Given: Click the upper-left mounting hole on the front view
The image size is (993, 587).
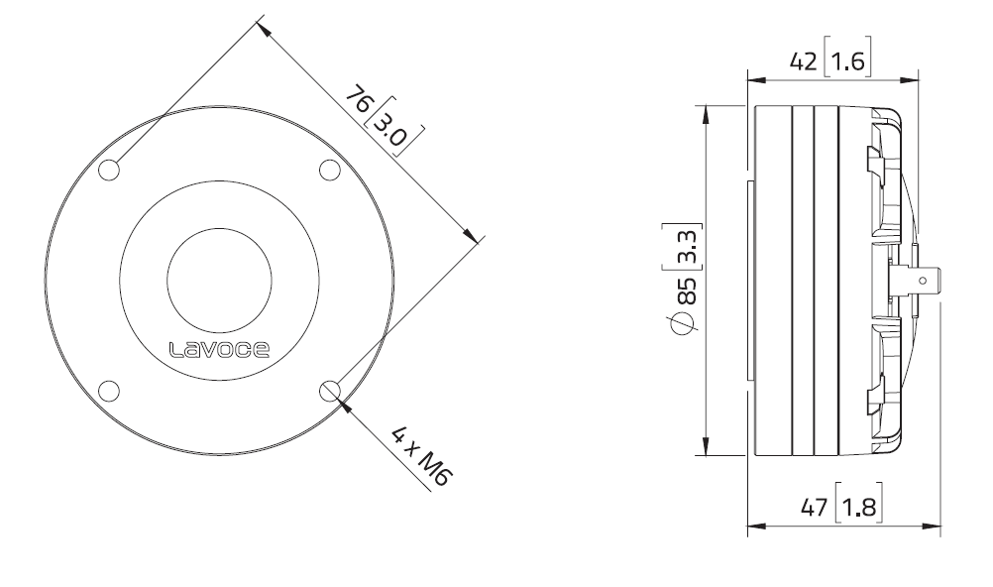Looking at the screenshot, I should (x=110, y=171).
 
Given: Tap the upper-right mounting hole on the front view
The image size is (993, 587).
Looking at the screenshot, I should (x=329, y=171).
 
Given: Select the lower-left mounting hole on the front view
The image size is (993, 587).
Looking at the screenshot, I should (x=110, y=390).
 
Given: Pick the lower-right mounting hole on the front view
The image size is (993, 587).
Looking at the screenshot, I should (x=329, y=390).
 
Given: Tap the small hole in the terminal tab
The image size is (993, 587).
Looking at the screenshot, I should (x=923, y=282).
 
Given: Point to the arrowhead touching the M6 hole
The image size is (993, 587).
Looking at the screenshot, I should (x=343, y=402).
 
